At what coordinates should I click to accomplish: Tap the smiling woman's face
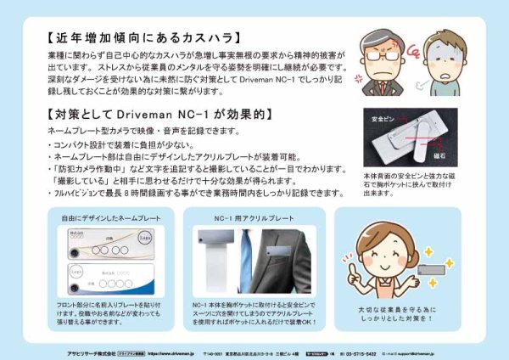[x=387, y=246]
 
